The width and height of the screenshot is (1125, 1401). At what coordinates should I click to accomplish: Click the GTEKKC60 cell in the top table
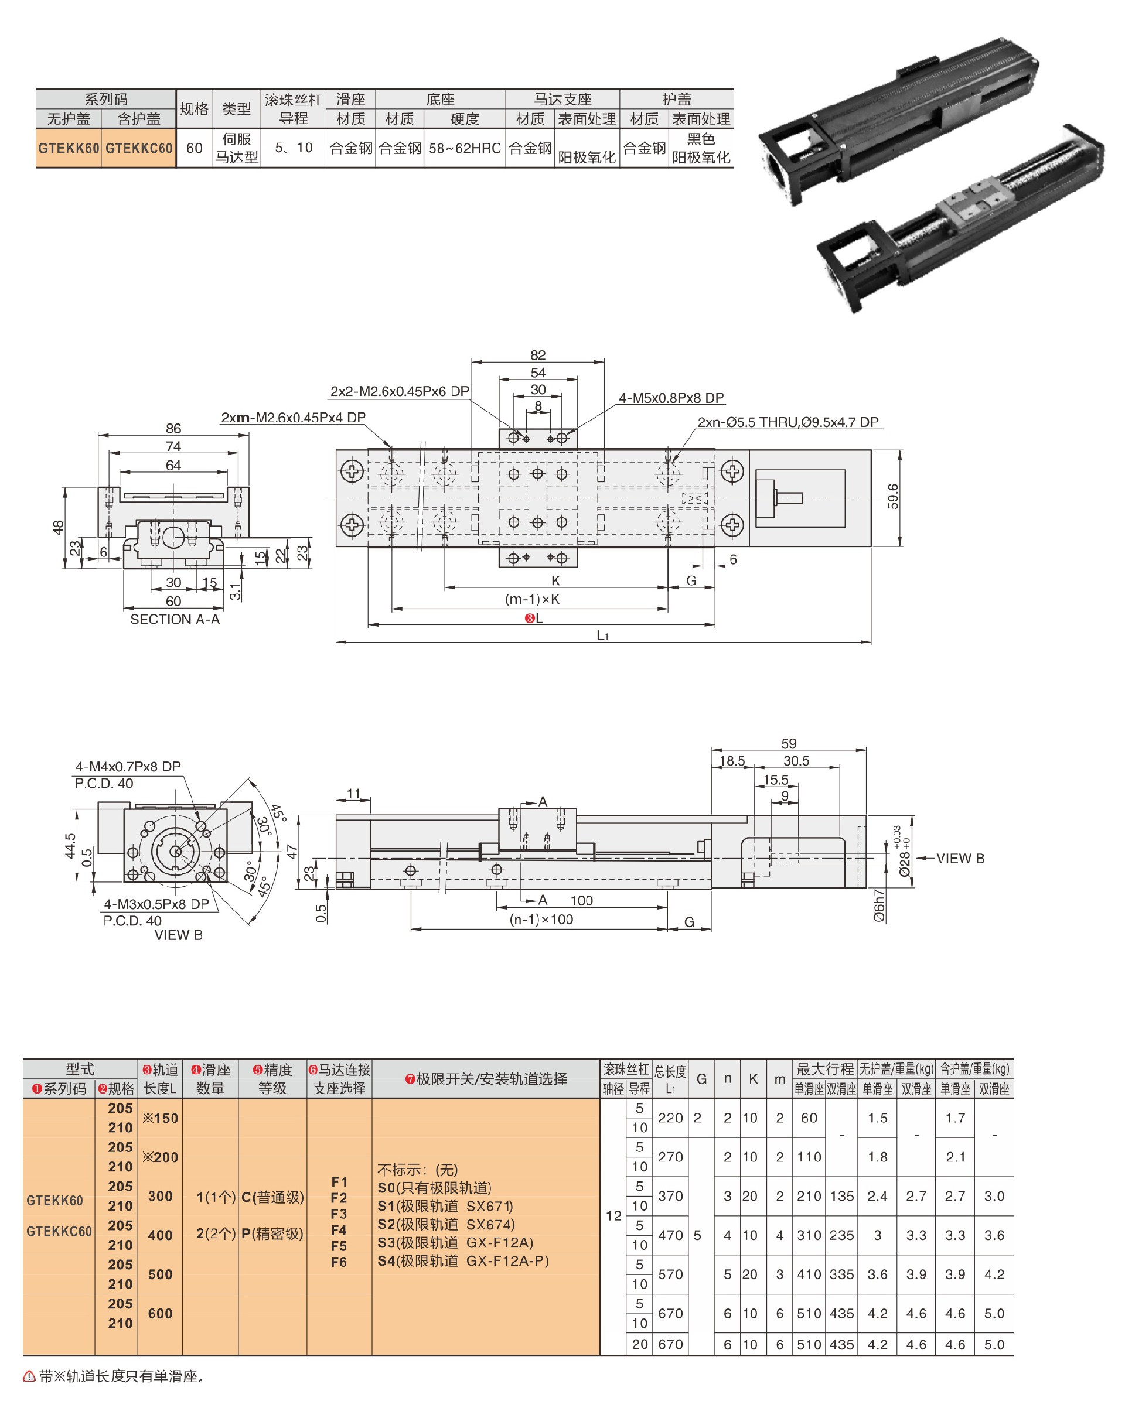point(139,148)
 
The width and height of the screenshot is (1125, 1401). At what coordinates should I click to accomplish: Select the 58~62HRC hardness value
point(465,148)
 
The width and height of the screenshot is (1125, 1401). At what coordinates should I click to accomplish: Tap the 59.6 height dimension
point(893,497)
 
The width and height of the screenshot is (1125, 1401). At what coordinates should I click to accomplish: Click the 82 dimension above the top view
point(537,355)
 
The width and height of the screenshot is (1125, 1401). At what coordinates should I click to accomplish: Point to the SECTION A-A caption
point(175,619)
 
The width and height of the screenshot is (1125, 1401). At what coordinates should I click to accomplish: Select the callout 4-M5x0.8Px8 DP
point(671,398)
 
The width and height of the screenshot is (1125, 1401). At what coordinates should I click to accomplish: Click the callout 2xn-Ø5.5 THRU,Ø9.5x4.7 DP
point(787,422)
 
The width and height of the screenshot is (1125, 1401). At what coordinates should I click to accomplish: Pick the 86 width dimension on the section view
point(173,428)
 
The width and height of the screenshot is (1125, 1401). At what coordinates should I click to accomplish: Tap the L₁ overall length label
point(602,635)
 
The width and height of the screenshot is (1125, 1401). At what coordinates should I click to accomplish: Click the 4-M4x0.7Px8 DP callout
point(128,766)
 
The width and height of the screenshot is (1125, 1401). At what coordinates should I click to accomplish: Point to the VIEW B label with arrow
point(959,859)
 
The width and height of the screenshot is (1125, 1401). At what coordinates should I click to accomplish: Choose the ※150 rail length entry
point(160,1118)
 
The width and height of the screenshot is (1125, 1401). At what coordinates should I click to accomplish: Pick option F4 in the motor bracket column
point(339,1230)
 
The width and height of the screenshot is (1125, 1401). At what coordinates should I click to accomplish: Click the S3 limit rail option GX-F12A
point(455,1242)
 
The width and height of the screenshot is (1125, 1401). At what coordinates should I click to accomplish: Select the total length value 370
point(670,1195)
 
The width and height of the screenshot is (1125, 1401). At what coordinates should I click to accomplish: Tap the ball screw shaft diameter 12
point(613,1215)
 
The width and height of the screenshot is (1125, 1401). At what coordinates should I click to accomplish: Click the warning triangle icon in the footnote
point(29,1376)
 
